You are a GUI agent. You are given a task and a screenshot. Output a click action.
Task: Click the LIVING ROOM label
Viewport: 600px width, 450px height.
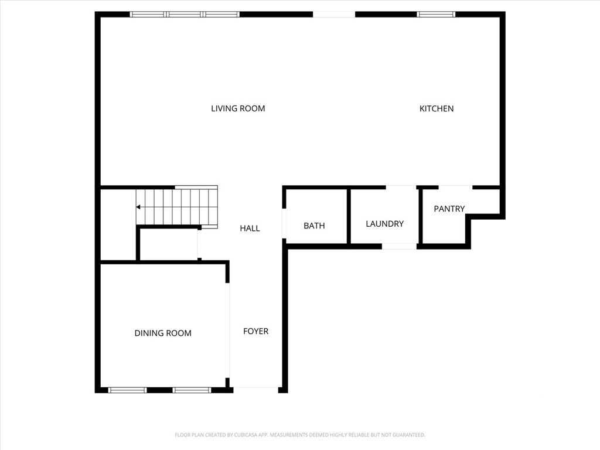[238, 108]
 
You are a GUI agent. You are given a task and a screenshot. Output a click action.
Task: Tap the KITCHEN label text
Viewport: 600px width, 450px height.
[437, 108]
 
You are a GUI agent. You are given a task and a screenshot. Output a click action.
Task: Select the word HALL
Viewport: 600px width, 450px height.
[250, 229]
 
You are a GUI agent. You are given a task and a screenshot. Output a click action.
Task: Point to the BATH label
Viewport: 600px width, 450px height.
[314, 226]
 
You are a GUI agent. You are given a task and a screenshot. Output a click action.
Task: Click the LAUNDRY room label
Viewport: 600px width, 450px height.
[384, 224]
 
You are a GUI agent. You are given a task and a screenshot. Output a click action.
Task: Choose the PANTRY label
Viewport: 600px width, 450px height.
[449, 209]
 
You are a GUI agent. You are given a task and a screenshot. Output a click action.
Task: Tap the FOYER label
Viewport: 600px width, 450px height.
[255, 332]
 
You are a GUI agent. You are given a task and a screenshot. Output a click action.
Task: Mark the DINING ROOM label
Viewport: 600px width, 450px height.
[163, 333]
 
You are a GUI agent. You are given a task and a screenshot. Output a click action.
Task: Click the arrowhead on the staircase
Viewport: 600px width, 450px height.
[138, 207]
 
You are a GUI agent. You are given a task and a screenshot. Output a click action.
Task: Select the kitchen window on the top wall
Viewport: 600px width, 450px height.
[436, 15]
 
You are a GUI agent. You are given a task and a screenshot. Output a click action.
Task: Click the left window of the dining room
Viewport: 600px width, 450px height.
[127, 390]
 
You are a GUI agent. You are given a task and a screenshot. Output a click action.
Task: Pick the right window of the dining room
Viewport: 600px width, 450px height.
[192, 390]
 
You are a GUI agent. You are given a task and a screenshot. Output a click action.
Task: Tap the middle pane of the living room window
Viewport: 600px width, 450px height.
[185, 15]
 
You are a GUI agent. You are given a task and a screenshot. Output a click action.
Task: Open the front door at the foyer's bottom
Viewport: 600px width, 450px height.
[255, 390]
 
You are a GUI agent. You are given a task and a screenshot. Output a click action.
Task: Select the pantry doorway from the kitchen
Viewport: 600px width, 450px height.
[455, 187]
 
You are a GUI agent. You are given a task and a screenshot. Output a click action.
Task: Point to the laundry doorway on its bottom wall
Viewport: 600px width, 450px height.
[399, 247]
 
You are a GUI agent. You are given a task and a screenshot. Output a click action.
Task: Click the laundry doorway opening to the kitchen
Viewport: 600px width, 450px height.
[401, 187]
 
